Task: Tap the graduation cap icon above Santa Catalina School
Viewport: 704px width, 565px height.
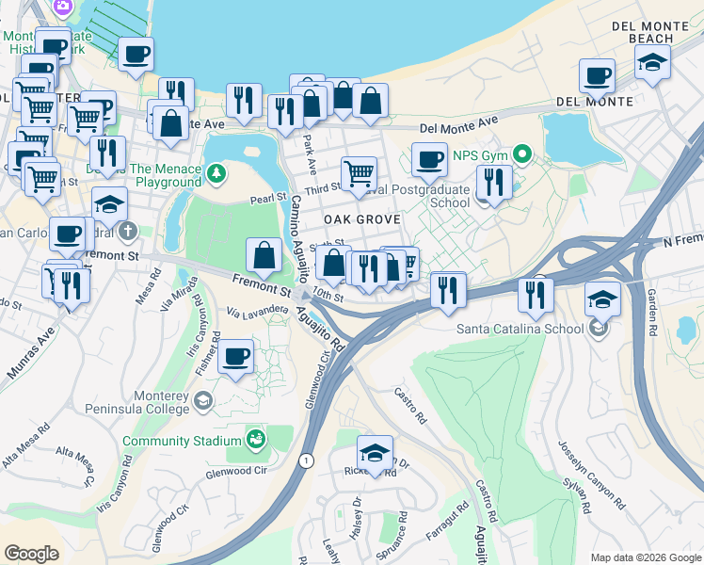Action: coord(601,299)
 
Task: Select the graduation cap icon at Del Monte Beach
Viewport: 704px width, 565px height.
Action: coord(653,63)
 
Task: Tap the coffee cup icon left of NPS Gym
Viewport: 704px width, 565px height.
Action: coord(430,159)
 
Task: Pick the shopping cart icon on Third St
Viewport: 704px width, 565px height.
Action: coord(359,173)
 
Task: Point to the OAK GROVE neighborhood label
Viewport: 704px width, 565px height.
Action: coord(362,218)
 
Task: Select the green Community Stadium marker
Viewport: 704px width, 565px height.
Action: coord(255,440)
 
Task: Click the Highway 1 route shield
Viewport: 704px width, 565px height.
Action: coord(306,460)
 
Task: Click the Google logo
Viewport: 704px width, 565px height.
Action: coord(32,554)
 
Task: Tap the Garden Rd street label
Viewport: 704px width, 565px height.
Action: coord(651,312)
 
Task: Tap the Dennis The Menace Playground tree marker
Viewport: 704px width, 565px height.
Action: coord(217,172)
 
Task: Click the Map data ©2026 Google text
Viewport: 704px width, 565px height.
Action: coord(644,557)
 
